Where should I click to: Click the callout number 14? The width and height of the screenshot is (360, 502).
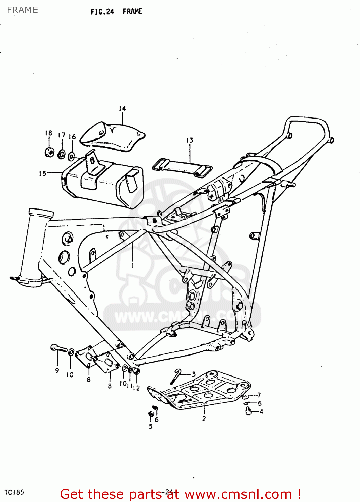[x=122, y=109]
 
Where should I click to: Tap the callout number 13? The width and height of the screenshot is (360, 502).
[x=190, y=140]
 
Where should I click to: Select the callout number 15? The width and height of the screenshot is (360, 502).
[x=42, y=174]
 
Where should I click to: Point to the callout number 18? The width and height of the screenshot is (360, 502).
[x=49, y=133]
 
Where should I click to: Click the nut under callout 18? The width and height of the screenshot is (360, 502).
[x=49, y=152]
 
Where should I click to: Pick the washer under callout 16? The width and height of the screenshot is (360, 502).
[x=71, y=156]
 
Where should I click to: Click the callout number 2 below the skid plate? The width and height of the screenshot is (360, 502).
[x=204, y=419]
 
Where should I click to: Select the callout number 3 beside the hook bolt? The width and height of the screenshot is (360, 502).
[x=193, y=374]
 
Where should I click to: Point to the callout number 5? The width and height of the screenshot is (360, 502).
[x=151, y=426]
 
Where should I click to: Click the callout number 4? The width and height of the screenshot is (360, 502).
[x=261, y=412]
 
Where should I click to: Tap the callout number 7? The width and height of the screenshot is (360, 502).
[x=259, y=395]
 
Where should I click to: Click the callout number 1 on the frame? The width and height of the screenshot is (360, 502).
[x=133, y=265]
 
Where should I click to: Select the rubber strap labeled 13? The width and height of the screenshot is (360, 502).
[x=182, y=166]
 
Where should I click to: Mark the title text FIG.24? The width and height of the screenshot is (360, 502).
[x=102, y=12]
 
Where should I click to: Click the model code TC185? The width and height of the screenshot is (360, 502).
[x=14, y=492]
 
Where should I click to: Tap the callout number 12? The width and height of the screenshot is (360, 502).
[x=136, y=388]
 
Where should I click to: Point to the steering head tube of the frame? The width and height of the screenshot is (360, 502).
[x=33, y=248]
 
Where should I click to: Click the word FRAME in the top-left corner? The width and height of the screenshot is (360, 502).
[x=22, y=10]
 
